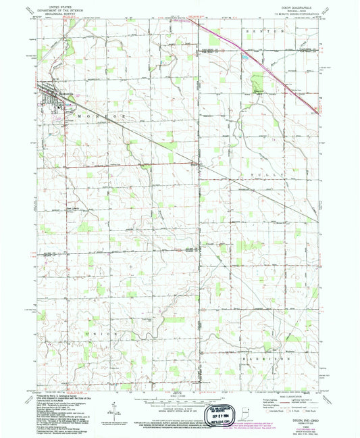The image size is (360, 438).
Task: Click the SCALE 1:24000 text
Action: (180, 393)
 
